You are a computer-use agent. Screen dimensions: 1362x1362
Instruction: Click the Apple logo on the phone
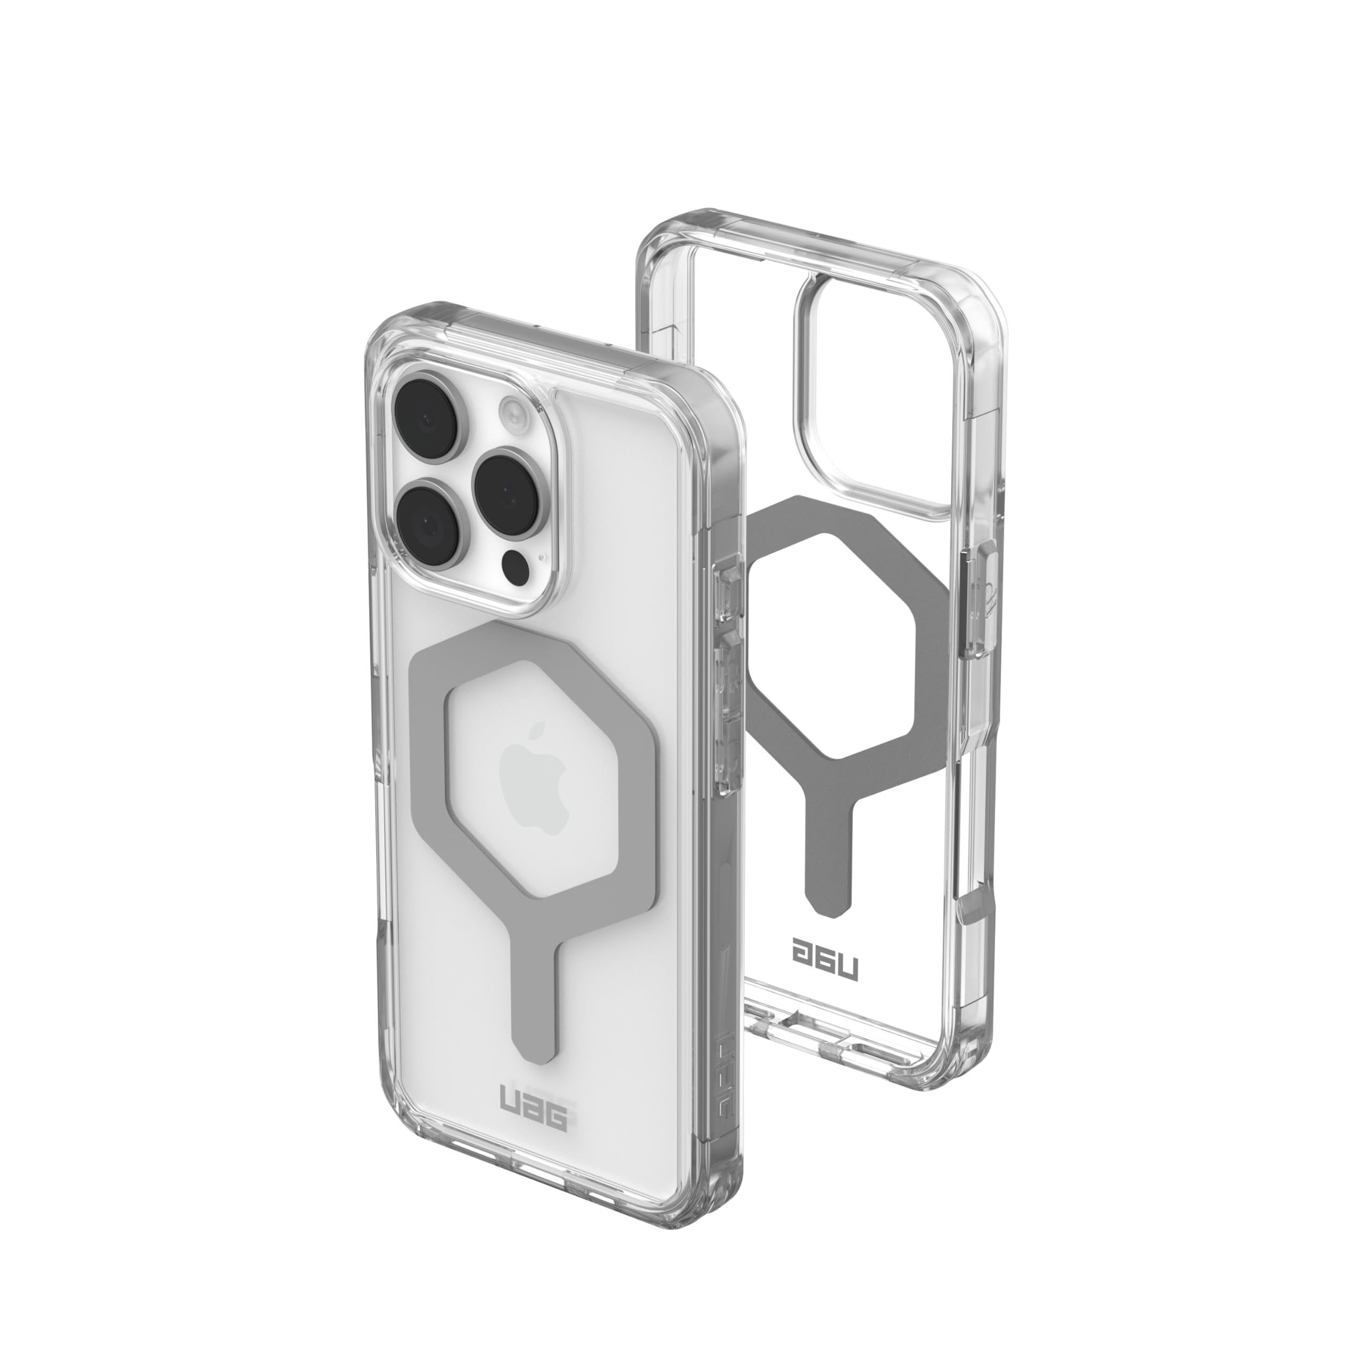pos(534,795)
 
